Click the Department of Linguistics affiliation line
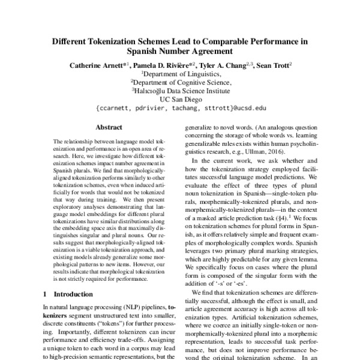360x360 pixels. pyautogui.click(x=181, y=74)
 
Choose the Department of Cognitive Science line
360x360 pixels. pyautogui.click(x=181, y=83)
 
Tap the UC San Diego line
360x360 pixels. pyautogui.click(x=181, y=101)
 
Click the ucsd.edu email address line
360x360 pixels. pyautogui.click(x=181, y=110)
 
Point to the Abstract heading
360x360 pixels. pyautogui.click(x=109, y=128)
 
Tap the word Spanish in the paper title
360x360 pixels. pyautogui.click(x=145, y=52)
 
